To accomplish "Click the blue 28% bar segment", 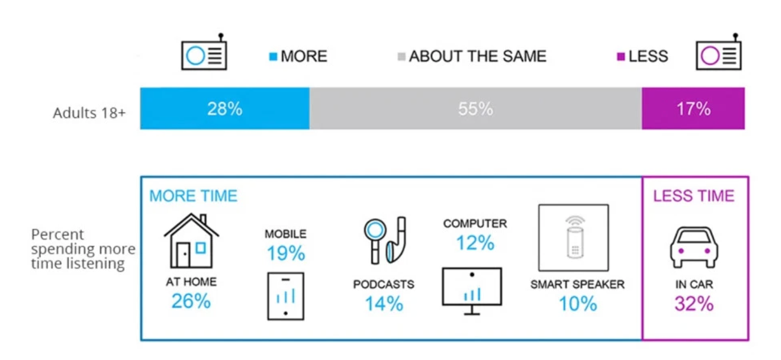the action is [x=225, y=108].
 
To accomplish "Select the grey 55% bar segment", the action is [x=475, y=108].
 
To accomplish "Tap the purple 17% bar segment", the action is [x=694, y=108].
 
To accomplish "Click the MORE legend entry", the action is [x=298, y=56].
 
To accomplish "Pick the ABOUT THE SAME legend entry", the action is [x=471, y=56].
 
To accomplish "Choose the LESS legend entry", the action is [x=642, y=56].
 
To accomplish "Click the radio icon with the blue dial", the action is [x=204, y=52].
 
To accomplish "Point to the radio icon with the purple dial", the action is [x=718, y=52].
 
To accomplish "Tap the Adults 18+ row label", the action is [x=89, y=114].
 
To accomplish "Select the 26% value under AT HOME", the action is [x=192, y=301].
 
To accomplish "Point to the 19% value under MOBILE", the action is [x=285, y=253].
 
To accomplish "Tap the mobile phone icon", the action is [x=285, y=296].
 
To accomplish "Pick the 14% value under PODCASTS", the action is [x=383, y=303].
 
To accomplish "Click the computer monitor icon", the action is [x=471, y=291].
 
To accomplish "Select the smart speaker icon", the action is [x=573, y=237].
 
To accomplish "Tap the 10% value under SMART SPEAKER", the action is [x=577, y=303].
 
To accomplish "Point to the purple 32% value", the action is [x=694, y=303].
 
